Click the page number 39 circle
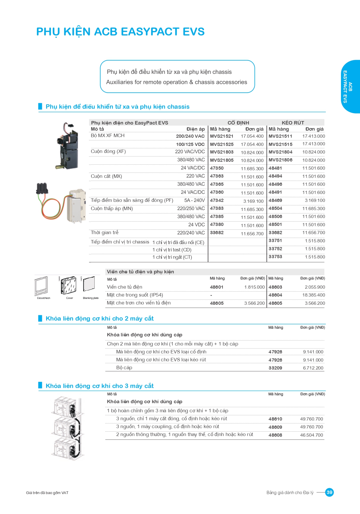(330, 492)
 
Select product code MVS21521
(221, 136)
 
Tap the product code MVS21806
(280, 160)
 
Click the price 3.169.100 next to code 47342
(253, 201)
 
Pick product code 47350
(217, 168)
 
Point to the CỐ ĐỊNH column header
(238, 123)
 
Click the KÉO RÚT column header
(293, 123)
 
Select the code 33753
(275, 257)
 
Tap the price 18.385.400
(313, 295)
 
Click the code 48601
(217, 287)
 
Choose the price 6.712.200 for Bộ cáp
(313, 368)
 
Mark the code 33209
(275, 368)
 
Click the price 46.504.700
(311, 435)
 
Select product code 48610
(275, 419)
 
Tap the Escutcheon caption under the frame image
(44, 298)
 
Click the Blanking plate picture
(89, 284)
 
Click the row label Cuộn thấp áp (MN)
(112, 209)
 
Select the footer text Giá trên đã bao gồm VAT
(47, 493)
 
